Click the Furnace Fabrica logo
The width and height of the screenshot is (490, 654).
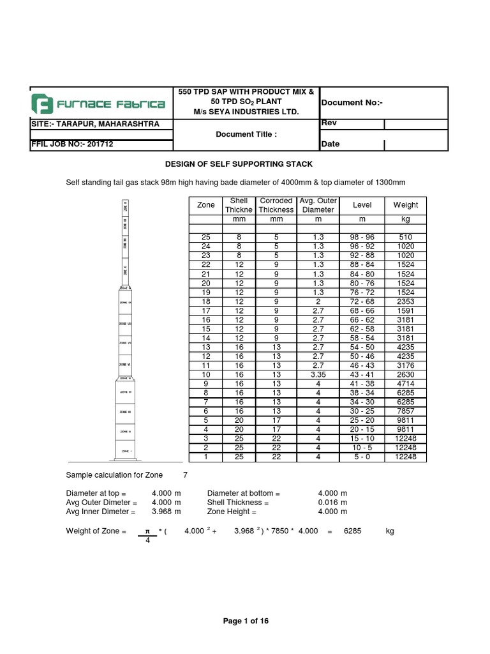pyautogui.click(x=99, y=103)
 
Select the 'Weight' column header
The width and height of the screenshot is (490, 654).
pyautogui.click(x=405, y=205)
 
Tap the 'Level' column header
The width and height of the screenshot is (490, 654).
pyautogui.click(x=362, y=205)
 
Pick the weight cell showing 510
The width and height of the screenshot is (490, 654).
pyautogui.click(x=405, y=237)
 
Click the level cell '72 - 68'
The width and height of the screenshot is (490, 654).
pyautogui.click(x=362, y=301)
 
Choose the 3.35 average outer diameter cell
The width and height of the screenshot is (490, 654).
pyautogui.click(x=318, y=374)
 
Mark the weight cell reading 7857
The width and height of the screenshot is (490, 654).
pyautogui.click(x=405, y=411)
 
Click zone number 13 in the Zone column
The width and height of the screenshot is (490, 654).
pyautogui.click(x=206, y=347)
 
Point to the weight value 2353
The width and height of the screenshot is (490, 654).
pyautogui.click(x=405, y=301)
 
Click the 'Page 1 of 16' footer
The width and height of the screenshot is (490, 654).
pyautogui.click(x=246, y=621)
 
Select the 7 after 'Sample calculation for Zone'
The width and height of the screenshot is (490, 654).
pyautogui.click(x=186, y=475)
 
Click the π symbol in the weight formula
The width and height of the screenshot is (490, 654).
pyautogui.click(x=146, y=531)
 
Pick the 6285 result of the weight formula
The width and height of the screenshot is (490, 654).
pyautogui.click(x=353, y=531)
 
